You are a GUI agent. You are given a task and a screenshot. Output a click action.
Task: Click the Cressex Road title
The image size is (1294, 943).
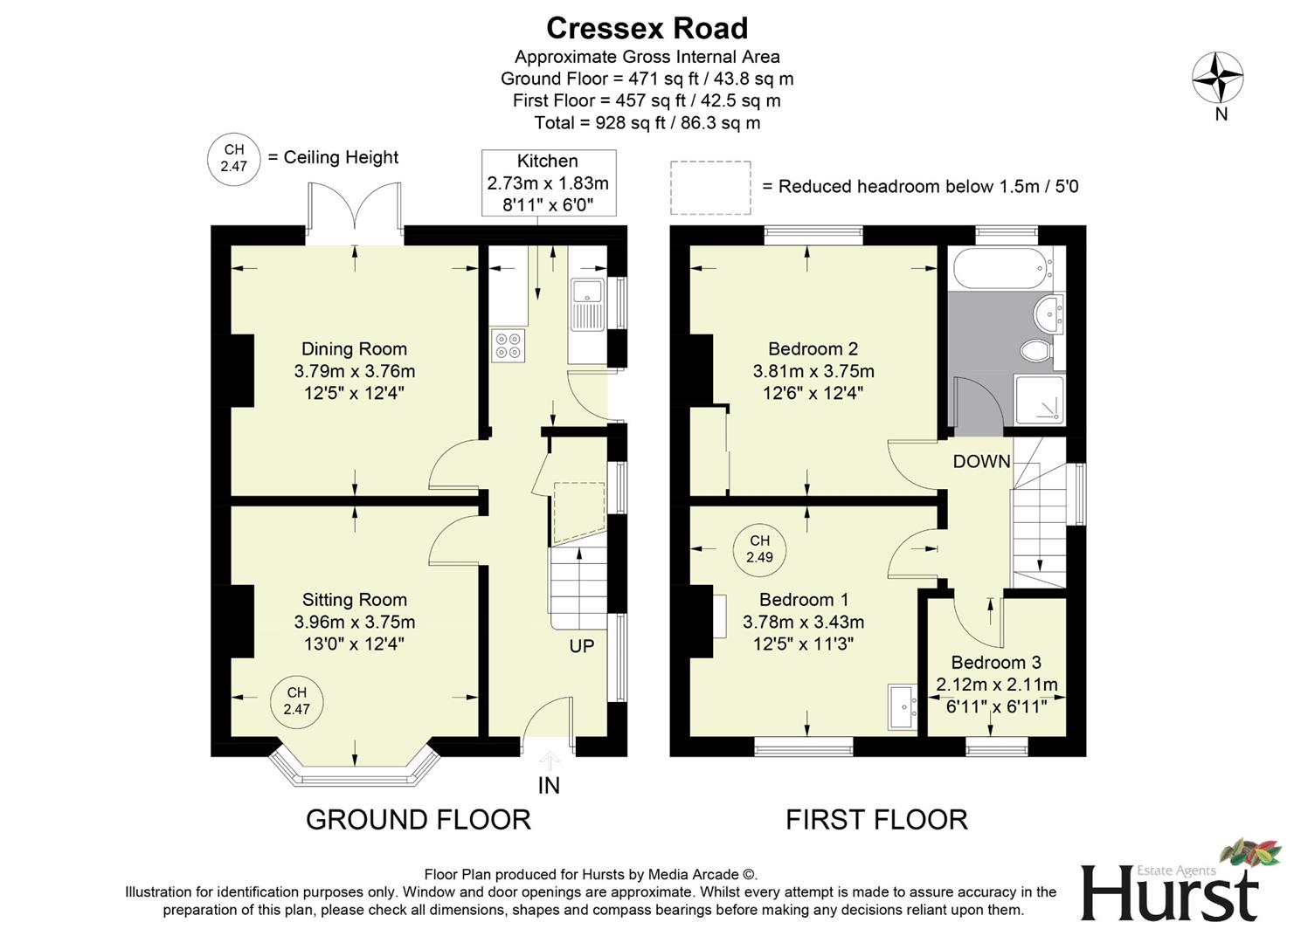point(647,29)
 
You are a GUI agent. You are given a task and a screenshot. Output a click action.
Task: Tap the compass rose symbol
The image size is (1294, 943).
point(1218,78)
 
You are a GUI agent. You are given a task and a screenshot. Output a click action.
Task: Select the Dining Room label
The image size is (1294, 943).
point(354,349)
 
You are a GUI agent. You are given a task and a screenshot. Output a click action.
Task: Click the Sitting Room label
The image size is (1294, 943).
point(354,600)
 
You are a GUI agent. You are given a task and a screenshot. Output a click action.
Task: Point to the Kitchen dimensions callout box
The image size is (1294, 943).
point(548,182)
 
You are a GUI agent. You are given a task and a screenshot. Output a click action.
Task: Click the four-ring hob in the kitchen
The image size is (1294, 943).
point(508,346)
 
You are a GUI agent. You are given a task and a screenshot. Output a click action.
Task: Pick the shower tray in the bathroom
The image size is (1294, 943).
point(1040,401)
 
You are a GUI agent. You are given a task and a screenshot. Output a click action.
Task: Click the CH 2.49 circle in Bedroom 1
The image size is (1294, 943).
point(759,549)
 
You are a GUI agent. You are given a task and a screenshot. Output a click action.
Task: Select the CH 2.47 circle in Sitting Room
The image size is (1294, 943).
point(296,701)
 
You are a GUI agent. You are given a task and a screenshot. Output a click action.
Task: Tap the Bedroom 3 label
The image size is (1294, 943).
point(996,663)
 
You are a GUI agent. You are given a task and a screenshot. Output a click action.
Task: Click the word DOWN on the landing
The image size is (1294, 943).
point(981,462)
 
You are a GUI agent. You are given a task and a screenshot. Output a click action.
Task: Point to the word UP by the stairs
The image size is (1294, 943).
point(581,646)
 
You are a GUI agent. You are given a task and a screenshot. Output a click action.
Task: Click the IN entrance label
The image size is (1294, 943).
point(549,786)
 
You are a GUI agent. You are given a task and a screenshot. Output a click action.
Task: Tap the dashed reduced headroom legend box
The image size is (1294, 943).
point(710,187)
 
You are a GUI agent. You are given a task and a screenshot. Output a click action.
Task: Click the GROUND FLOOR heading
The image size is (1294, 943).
point(418,820)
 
